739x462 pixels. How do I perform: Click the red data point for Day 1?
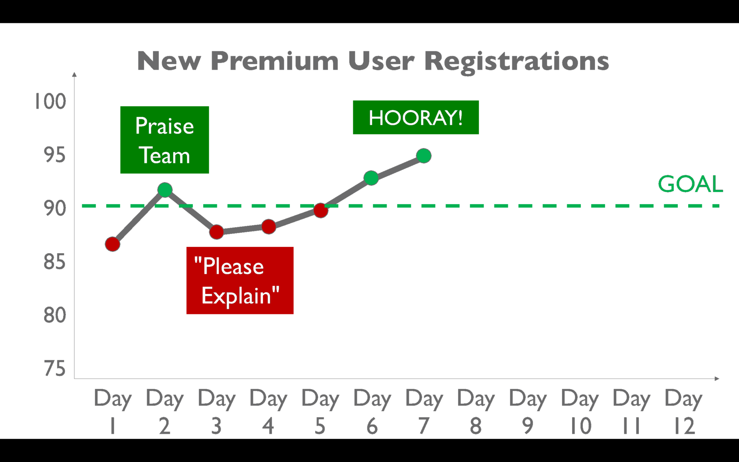point(112,244)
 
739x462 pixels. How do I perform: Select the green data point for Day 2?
point(165,190)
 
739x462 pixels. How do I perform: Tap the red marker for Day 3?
point(216,232)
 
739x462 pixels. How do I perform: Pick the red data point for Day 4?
point(269,227)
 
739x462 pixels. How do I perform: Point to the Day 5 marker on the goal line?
point(321,210)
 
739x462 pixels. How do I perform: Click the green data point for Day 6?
point(371,178)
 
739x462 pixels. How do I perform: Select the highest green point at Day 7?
point(423,156)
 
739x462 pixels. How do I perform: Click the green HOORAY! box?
point(416,118)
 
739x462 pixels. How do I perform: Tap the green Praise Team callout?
point(165,140)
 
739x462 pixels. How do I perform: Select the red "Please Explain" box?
point(240,281)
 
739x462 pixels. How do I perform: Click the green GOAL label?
point(690,184)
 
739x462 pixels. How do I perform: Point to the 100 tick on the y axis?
point(50,101)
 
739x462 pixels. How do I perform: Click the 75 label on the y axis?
point(55,368)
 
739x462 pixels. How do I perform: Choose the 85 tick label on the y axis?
point(55,261)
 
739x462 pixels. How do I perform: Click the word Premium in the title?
point(275,61)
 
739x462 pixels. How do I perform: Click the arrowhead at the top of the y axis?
point(74,74)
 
